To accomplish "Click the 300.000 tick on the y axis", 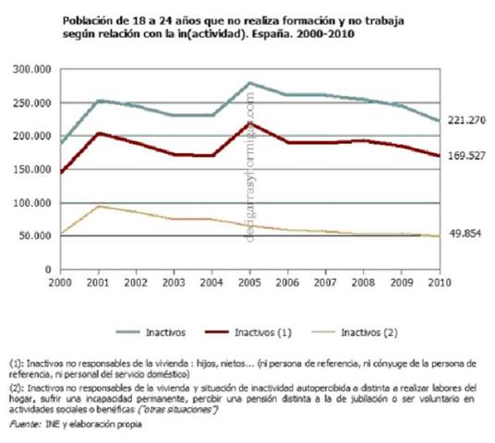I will click(x=36, y=69).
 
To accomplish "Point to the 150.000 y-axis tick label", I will click(x=36, y=170).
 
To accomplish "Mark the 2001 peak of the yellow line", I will click(x=99, y=206).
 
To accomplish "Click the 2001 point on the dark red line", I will click(x=99, y=133).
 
